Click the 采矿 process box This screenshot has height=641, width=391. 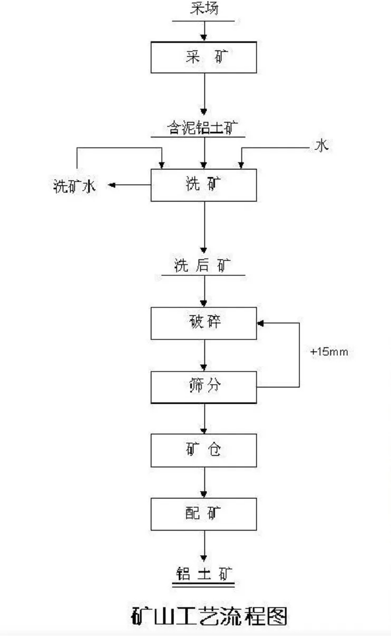point(204,57)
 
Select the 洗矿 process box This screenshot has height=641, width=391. point(204,185)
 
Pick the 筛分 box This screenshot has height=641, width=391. point(204,387)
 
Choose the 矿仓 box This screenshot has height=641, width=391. point(204,450)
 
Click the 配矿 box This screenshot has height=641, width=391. point(204,514)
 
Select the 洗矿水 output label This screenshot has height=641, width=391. point(75,186)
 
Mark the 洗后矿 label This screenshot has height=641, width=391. point(202,266)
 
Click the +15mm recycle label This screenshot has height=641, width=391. point(329,352)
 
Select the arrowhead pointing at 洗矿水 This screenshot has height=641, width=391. point(112,185)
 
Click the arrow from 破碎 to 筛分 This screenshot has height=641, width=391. point(204,355)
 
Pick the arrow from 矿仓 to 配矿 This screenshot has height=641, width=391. point(204,482)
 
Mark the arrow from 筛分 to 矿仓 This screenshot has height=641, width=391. point(204,418)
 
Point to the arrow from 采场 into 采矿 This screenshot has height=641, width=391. point(204,32)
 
